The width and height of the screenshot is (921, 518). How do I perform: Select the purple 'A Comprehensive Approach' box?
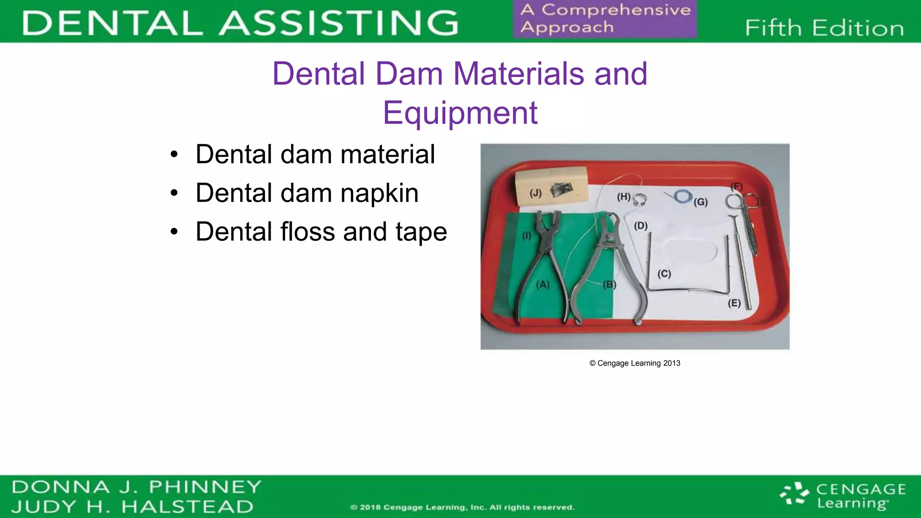(605, 19)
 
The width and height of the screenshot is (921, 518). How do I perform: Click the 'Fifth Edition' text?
(824, 28)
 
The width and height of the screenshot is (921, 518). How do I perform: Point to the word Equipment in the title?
(460, 112)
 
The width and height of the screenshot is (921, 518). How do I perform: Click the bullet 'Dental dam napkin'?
(307, 193)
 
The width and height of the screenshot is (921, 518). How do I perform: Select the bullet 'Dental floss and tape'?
(321, 232)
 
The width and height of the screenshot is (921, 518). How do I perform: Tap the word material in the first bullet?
(387, 154)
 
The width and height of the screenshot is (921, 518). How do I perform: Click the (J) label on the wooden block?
(535, 193)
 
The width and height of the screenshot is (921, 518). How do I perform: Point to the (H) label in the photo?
(624, 196)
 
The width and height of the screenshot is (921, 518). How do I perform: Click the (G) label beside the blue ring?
(700, 202)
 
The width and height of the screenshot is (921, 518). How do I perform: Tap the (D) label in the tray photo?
(641, 226)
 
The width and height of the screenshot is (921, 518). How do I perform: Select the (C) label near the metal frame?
(664, 274)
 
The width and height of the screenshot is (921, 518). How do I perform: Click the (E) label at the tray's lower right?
(734, 303)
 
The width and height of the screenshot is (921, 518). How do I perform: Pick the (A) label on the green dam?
(543, 285)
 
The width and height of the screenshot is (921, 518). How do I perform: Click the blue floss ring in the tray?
(683, 196)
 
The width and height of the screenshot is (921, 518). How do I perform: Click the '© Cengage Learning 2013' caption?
(635, 363)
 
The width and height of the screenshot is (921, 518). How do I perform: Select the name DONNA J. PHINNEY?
(136, 487)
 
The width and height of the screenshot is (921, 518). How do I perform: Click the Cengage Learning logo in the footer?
(843, 496)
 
